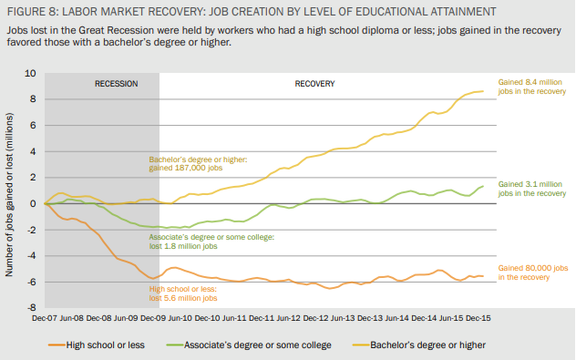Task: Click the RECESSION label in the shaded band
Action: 116,84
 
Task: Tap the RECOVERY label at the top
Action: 314,84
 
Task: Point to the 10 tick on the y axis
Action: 31,73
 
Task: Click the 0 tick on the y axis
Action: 34,204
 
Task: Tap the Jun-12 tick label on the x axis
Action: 288,319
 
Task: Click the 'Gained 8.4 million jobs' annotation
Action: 532,87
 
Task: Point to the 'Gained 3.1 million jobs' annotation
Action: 532,189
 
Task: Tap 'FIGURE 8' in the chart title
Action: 32,13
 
